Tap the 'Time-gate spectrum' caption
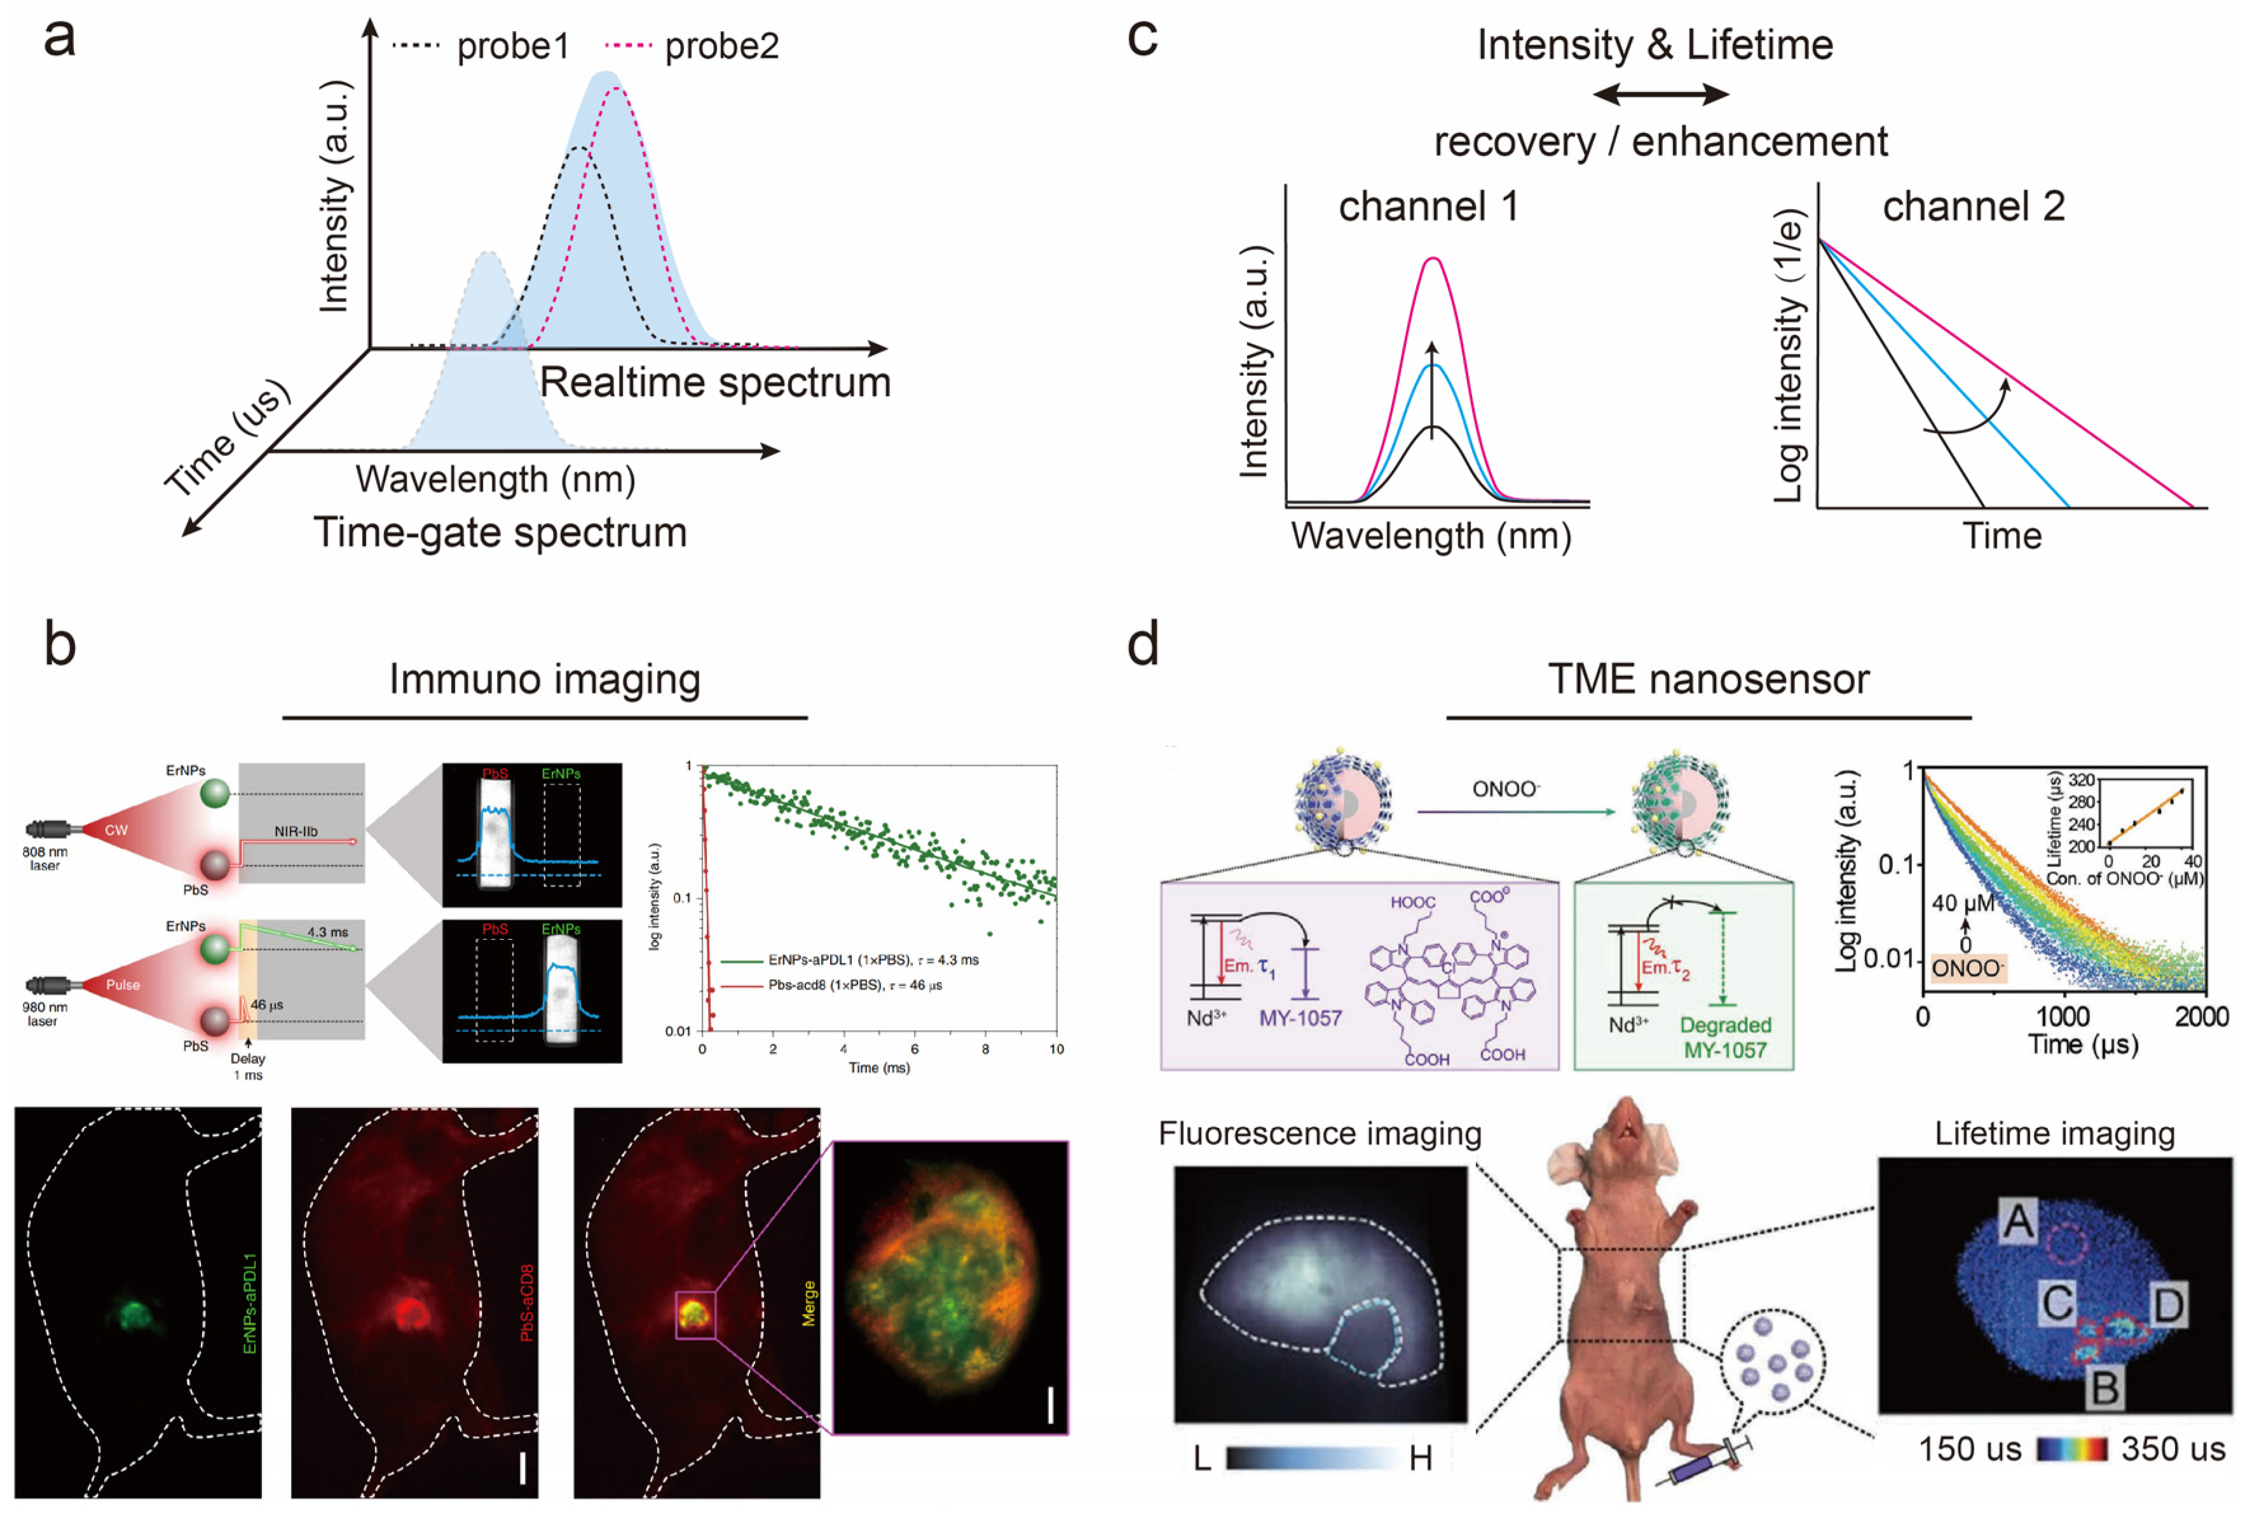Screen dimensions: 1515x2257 pyautogui.click(x=500, y=533)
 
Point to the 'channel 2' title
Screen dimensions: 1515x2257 pyautogui.click(x=1972, y=206)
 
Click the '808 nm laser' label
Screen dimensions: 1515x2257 pyautogui.click(x=44, y=858)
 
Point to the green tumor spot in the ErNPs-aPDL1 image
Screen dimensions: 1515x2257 pyautogui.click(x=134, y=1314)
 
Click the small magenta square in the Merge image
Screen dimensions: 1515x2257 pyautogui.click(x=695, y=1314)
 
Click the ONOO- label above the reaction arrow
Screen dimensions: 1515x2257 pyautogui.click(x=1504, y=789)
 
